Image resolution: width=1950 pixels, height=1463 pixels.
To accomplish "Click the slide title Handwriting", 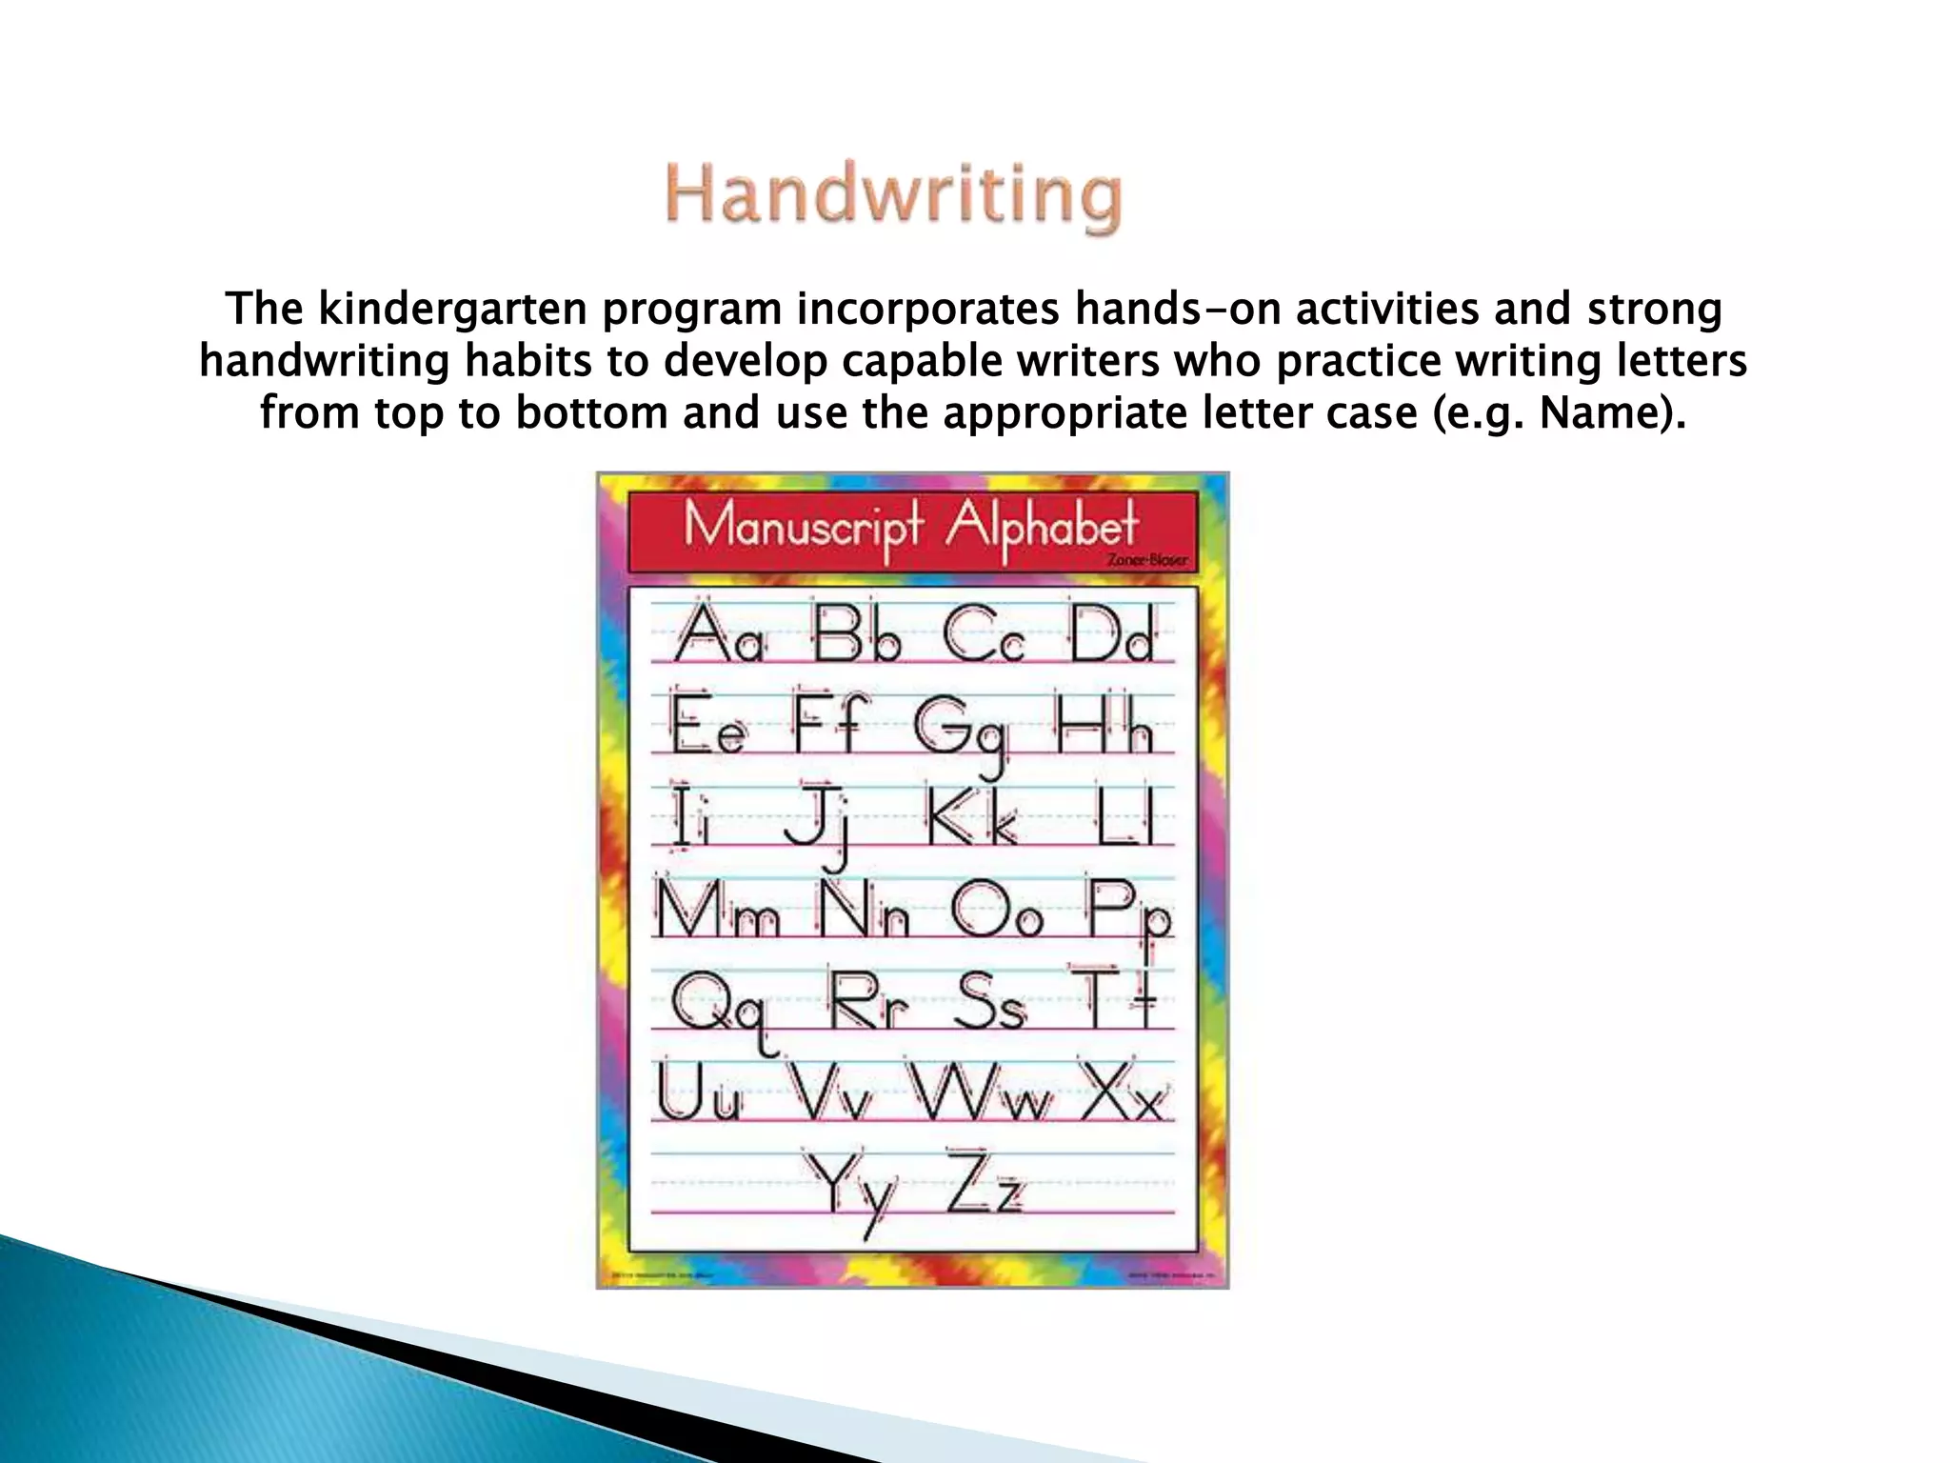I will pyautogui.click(x=893, y=196).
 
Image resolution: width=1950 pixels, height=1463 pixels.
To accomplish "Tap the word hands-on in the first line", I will pyautogui.click(x=1177, y=310).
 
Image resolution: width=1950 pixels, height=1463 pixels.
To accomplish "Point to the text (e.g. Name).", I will pyautogui.click(x=1559, y=413).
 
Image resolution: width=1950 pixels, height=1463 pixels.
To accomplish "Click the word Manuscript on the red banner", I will pyautogui.click(x=803, y=527).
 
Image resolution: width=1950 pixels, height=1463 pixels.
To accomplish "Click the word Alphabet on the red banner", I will pyautogui.click(x=1042, y=527).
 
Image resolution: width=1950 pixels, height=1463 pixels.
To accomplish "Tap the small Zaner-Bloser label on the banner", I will pyautogui.click(x=1147, y=560).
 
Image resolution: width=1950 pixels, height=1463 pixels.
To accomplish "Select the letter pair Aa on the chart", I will pyautogui.click(x=719, y=633).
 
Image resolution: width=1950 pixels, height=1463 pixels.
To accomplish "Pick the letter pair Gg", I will pyautogui.click(x=960, y=730).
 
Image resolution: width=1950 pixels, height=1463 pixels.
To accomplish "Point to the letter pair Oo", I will pyautogui.click(x=996, y=912).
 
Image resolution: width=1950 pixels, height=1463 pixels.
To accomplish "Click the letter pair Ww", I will pyautogui.click(x=983, y=1092).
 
